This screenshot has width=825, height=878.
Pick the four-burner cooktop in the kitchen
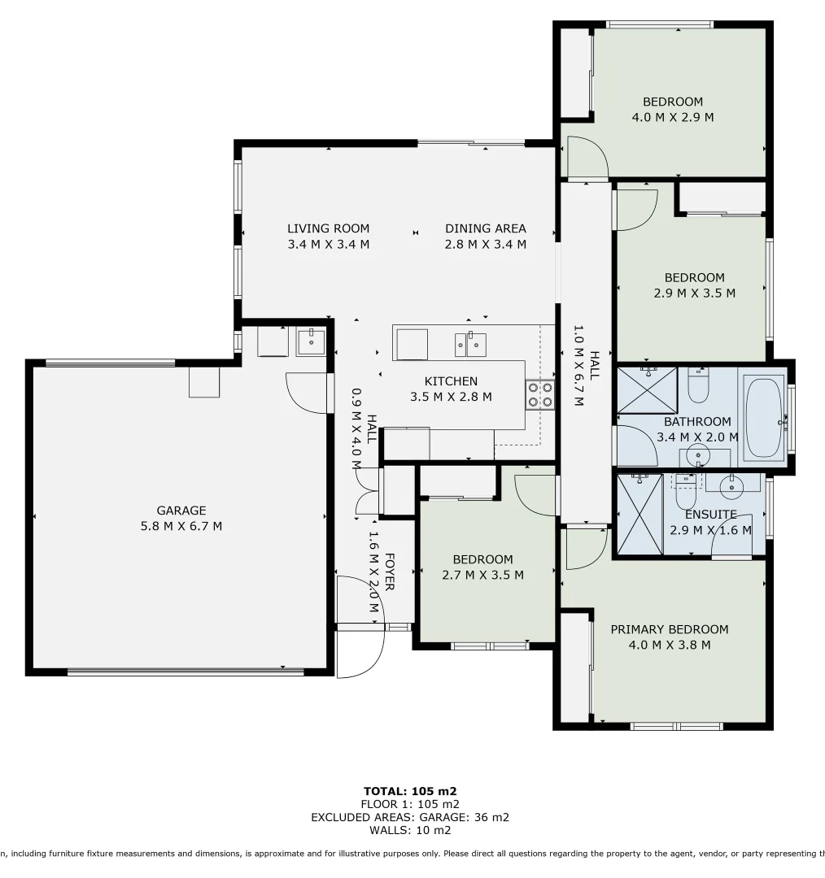(539, 395)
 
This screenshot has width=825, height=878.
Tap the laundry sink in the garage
(310, 342)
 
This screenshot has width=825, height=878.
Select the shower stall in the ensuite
(639, 514)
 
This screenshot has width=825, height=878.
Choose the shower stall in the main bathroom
(648, 390)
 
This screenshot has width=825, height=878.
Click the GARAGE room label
(181, 511)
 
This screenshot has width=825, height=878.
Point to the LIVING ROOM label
(328, 228)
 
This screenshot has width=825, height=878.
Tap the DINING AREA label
(485, 228)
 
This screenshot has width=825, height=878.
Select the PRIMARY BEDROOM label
(669, 629)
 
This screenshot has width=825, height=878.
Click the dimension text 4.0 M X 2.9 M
(672, 117)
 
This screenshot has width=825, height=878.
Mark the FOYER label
(389, 572)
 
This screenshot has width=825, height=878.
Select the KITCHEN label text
(451, 381)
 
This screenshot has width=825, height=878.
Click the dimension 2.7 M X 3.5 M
(482, 575)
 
